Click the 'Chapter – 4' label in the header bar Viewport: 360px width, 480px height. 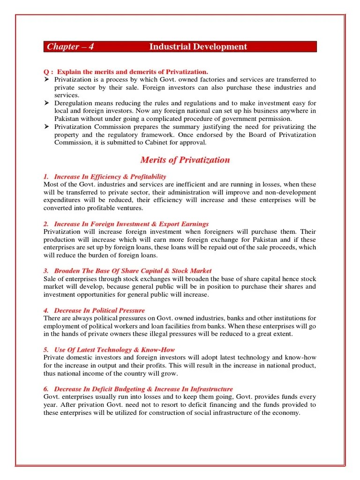pos(67,47)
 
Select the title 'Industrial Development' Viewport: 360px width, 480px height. pos(198,47)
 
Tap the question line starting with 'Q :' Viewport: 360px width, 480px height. pos(126,72)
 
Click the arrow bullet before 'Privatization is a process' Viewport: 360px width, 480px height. pos(46,80)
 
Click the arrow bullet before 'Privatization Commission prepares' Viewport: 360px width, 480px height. pos(46,127)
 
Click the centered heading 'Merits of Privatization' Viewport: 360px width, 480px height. pos(185,160)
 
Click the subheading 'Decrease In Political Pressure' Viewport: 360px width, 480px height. pos(99,310)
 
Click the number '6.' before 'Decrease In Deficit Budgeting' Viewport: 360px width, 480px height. pos(46,389)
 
